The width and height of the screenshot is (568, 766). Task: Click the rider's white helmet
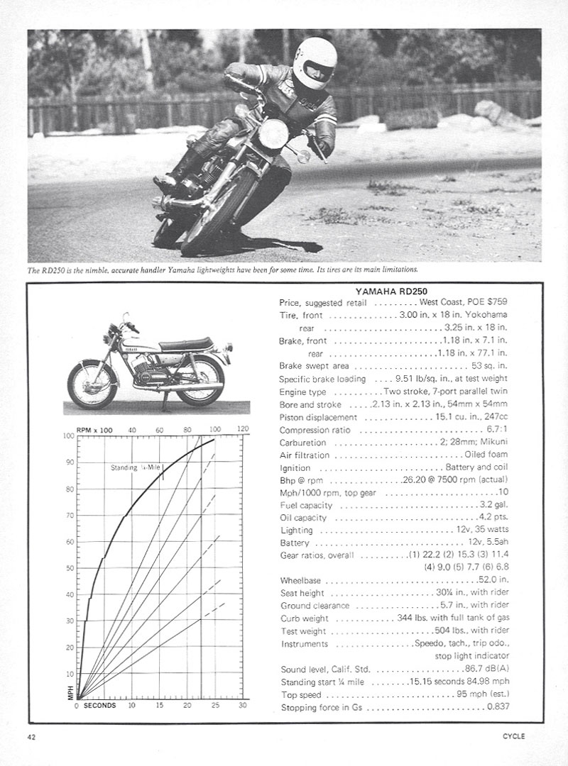(x=315, y=62)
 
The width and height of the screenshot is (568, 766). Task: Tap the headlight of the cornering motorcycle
(x=273, y=133)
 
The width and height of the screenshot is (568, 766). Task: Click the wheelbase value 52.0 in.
(x=492, y=579)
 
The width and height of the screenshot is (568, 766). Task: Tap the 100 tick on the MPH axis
(x=69, y=436)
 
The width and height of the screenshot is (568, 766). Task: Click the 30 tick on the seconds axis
(x=242, y=706)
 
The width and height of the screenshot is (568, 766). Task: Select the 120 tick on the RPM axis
(x=242, y=429)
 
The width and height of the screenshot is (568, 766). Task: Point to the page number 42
(x=33, y=736)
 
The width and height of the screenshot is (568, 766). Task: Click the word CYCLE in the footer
(x=512, y=736)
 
